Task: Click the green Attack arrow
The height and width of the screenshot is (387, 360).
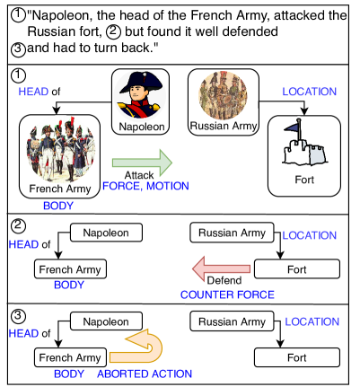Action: tap(142, 165)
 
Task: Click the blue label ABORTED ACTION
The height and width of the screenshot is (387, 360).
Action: tap(144, 374)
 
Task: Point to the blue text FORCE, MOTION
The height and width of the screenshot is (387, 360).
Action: tap(145, 186)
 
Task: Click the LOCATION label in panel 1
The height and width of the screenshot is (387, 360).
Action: tap(309, 92)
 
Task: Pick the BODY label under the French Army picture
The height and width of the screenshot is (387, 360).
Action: tap(58, 205)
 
